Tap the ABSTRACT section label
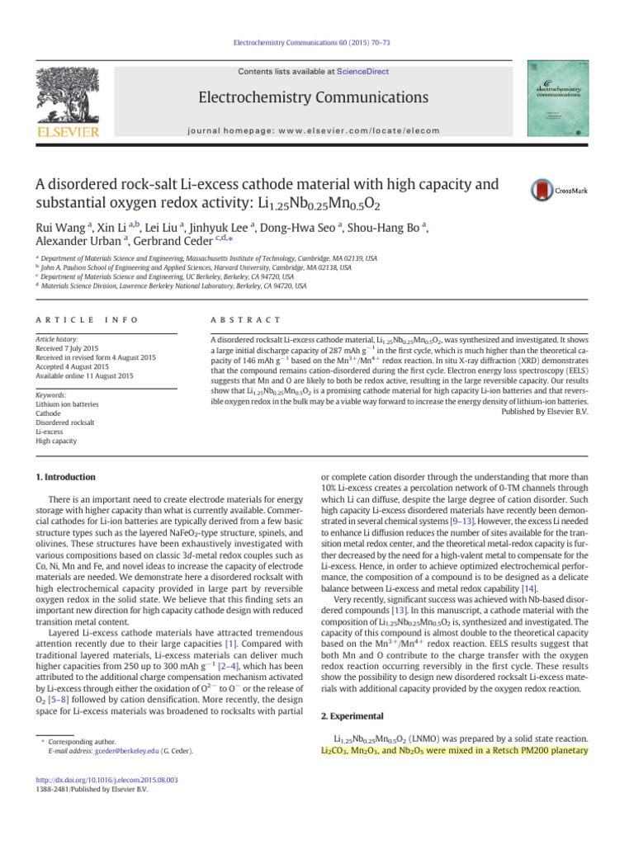(x=241, y=319)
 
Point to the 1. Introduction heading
(x=67, y=477)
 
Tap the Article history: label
(x=63, y=338)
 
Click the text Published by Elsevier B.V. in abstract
(x=544, y=410)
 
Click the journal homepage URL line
(x=317, y=130)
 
